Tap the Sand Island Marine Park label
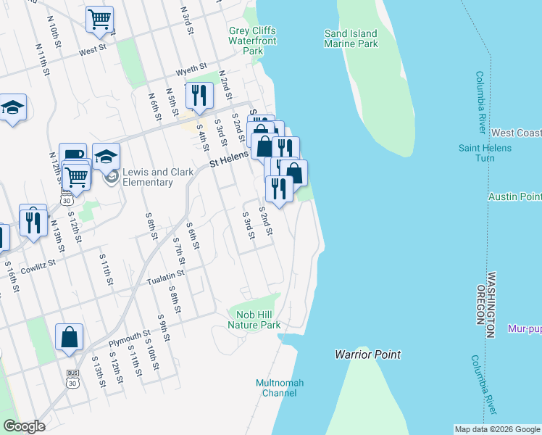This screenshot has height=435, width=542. (x=351, y=38)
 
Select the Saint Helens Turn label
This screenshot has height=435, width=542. (x=485, y=153)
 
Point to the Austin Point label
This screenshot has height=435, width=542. (x=514, y=196)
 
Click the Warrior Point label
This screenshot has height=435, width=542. (x=367, y=355)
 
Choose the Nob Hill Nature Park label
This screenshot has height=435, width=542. (x=254, y=320)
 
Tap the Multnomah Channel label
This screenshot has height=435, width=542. (x=280, y=388)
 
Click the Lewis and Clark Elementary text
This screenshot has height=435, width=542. (x=148, y=177)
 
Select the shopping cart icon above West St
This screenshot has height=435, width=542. (x=100, y=19)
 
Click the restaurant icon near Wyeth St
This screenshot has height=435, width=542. (x=198, y=95)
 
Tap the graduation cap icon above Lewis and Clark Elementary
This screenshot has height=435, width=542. (x=106, y=157)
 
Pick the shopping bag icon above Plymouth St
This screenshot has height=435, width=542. (x=69, y=337)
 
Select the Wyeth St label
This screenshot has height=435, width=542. (x=191, y=72)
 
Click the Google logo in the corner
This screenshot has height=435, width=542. (x=24, y=426)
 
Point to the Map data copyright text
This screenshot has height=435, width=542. (x=496, y=429)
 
